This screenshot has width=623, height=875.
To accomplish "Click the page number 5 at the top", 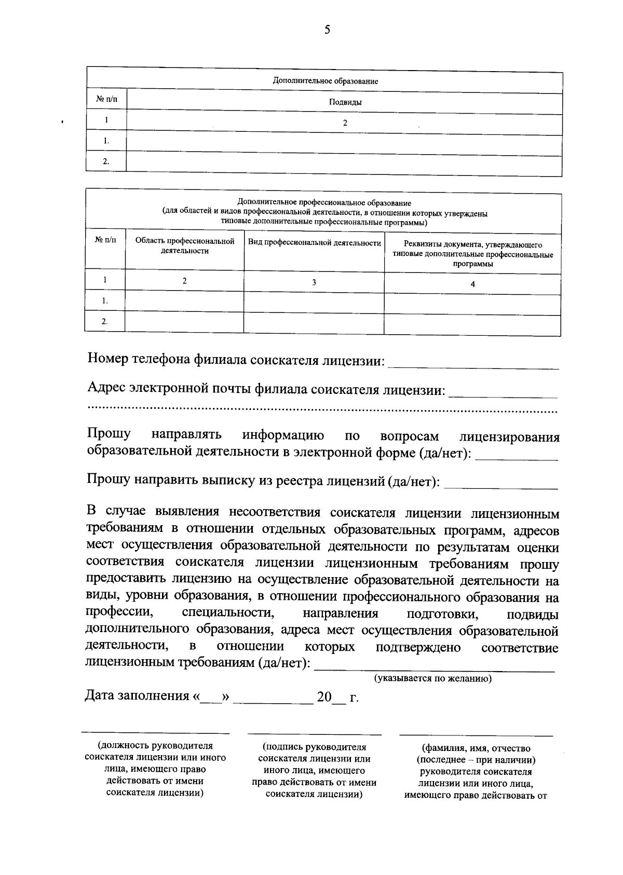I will pos(327,30).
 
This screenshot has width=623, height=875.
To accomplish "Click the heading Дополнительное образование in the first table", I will pos(326,81).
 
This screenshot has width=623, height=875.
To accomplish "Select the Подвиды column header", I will pos(345,102).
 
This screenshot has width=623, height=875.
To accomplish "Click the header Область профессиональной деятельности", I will pos(185,246).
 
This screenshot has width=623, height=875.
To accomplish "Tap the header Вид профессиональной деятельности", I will pos(315,243).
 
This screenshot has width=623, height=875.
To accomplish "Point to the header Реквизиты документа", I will pos(472,254).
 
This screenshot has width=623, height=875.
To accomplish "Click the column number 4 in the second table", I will pos(472,284).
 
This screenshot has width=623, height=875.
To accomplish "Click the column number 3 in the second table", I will pos(314,282).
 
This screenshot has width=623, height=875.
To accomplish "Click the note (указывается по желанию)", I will pos(433,678).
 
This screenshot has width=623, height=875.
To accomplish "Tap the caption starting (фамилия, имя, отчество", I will pos(476,771).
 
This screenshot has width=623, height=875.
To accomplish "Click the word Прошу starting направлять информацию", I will pos(109,434).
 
